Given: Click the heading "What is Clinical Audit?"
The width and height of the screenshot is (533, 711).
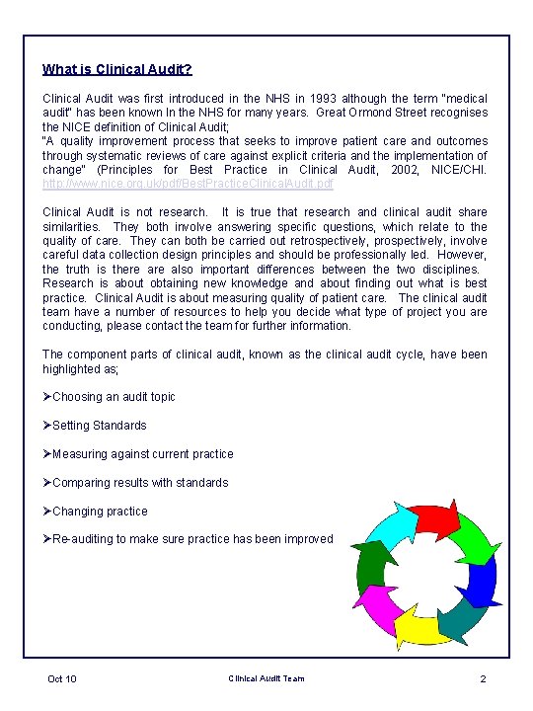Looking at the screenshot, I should [117, 70].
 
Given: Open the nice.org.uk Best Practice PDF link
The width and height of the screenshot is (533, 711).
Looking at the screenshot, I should [189, 184].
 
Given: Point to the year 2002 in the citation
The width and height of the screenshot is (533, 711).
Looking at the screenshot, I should [366, 170].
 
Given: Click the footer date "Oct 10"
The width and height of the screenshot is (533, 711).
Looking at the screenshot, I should [62, 678].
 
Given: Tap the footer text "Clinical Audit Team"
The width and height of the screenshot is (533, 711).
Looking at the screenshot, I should [266, 678].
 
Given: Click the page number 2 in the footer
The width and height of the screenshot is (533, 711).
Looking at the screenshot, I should [483, 678].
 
